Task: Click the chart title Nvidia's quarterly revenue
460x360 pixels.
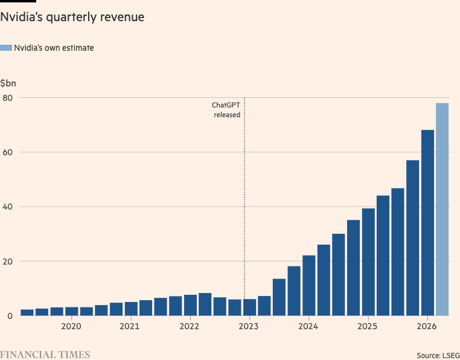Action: tap(72, 18)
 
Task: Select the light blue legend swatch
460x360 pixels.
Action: tap(6, 48)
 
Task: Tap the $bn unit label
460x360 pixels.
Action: tap(8, 82)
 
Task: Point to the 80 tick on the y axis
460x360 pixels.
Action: tap(7, 97)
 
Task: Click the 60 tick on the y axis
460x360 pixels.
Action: tap(7, 152)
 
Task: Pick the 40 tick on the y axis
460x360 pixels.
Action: tap(7, 207)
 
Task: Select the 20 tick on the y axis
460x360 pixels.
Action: tap(7, 261)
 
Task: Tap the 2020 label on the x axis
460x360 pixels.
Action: tap(71, 327)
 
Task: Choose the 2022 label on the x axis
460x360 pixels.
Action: tap(190, 327)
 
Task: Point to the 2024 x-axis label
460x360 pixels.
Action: tap(308, 327)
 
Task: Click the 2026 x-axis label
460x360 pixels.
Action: tap(426, 327)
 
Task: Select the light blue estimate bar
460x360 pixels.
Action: tap(442, 209)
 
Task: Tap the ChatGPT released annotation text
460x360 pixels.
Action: tap(227, 109)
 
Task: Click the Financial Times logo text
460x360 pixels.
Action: tap(45, 355)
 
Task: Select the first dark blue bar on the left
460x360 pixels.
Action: tap(27, 312)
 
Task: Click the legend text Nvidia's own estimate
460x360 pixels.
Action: tap(54, 48)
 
